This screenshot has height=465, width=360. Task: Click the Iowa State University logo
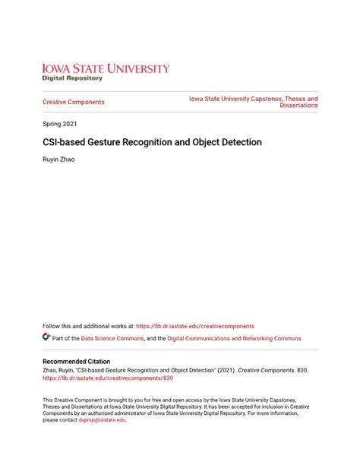click(x=106, y=68)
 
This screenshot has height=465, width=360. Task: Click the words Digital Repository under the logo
click(x=73, y=78)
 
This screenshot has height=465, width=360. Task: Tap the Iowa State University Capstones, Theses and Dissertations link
click(x=254, y=102)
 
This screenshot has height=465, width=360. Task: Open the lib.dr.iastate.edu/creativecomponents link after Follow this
click(x=195, y=326)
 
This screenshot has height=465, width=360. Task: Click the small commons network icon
click(x=46, y=337)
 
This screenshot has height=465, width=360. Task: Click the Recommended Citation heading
click(x=76, y=361)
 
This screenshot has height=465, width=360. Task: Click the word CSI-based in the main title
click(x=64, y=141)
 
